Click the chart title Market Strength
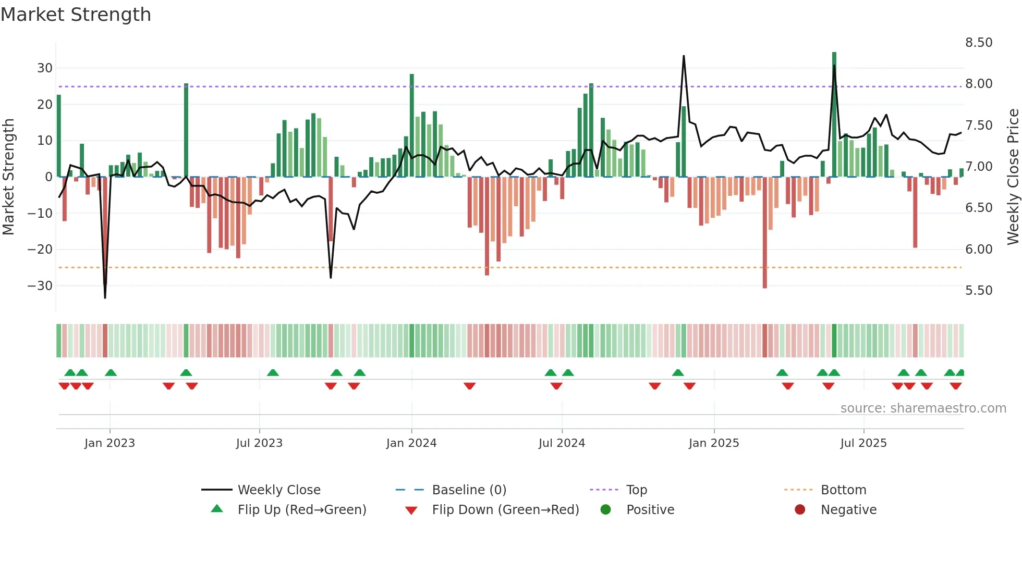76,15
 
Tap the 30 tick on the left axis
45,68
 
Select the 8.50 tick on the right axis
979,43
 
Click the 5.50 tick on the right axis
979,291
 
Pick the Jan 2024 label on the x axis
411,443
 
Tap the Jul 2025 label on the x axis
863,443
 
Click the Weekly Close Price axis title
1013,177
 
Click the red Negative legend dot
800,509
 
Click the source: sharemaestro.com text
923,408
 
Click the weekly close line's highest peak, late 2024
684,56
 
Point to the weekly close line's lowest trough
105,297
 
